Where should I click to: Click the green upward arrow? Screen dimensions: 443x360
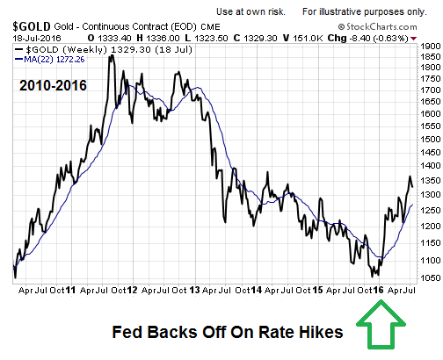point(381,325)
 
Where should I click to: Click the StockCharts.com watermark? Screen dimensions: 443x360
point(377,27)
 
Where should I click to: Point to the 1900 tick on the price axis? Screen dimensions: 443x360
point(431,46)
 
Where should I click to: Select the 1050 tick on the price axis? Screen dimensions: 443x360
point(431,277)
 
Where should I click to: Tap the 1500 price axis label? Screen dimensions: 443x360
point(431,139)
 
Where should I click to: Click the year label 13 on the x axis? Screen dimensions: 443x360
point(194,290)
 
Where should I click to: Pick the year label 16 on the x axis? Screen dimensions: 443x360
point(378,290)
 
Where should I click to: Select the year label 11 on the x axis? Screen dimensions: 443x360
point(70,290)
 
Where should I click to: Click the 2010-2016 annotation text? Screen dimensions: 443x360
point(53,85)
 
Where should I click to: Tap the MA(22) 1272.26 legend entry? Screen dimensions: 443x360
point(50,60)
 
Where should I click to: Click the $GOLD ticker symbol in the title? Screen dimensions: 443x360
point(32,26)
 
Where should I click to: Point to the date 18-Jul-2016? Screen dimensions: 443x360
point(37,39)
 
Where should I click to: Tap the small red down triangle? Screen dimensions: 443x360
point(413,39)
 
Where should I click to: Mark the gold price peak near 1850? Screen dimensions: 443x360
point(112,56)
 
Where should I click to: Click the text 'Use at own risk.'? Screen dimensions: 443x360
point(251,11)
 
